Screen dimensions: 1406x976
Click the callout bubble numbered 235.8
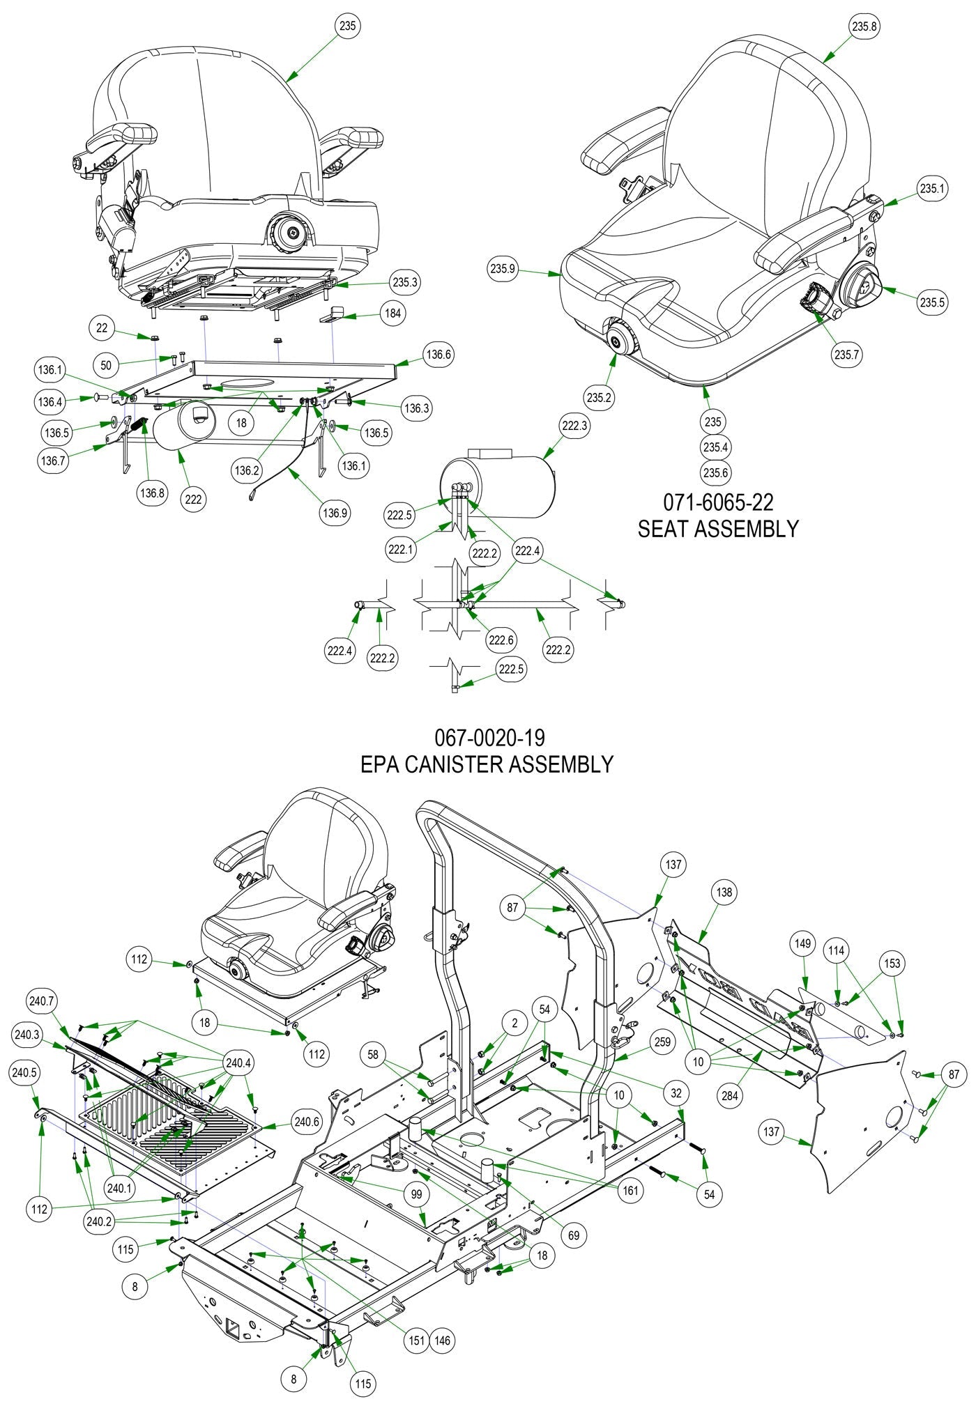pyautogui.click(x=864, y=26)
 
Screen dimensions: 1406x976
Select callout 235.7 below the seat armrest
pyautogui.click(x=847, y=355)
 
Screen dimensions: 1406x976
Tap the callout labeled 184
pyautogui.click(x=393, y=314)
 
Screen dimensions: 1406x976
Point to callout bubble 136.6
pyautogui.click(x=439, y=355)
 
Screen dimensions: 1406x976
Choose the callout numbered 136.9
pyautogui.click(x=335, y=513)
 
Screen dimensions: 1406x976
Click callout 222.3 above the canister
pyautogui.click(x=574, y=426)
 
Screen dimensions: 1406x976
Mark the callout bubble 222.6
pyautogui.click(x=502, y=640)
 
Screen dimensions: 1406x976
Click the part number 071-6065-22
pyautogui.click(x=717, y=502)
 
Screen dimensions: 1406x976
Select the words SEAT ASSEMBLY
pyautogui.click(x=717, y=528)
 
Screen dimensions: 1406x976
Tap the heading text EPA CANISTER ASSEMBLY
pyautogui.click(x=487, y=764)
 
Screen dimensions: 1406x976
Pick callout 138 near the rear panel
pyautogui.click(x=724, y=892)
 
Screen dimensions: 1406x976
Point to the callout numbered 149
pyautogui.click(x=802, y=943)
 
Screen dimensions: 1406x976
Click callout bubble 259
pyautogui.click(x=662, y=1042)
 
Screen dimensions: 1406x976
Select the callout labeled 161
pyautogui.click(x=630, y=1190)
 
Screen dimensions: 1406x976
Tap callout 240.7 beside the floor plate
pyautogui.click(x=41, y=1001)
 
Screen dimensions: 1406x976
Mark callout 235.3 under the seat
pyautogui.click(x=405, y=282)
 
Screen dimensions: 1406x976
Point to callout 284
pyautogui.click(x=729, y=1096)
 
